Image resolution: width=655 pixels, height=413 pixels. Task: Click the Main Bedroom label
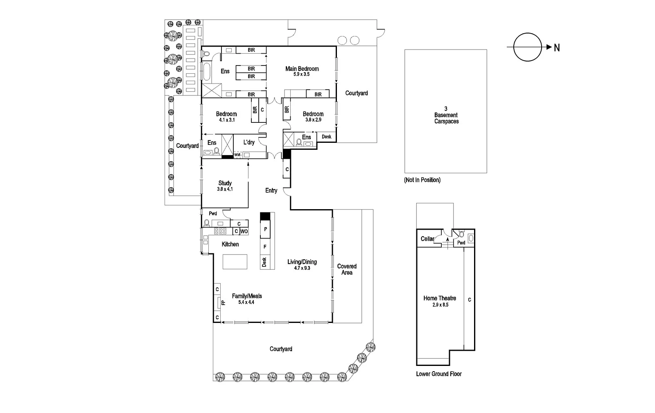302,69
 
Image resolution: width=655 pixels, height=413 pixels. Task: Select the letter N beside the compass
557,48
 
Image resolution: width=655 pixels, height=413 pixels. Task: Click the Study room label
225,183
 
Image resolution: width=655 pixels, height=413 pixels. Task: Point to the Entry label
271,190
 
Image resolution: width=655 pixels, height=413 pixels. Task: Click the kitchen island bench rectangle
235,262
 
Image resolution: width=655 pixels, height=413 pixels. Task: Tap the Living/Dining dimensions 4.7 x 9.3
302,268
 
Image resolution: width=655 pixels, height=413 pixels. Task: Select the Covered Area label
347,269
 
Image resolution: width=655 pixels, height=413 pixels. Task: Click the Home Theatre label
440,298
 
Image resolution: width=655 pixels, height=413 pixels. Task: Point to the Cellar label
427,239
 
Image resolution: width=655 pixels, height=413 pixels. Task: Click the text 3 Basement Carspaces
446,115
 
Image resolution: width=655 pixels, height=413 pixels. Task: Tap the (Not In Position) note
422,180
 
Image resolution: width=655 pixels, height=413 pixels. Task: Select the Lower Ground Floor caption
438,374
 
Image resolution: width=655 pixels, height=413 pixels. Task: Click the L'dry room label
249,142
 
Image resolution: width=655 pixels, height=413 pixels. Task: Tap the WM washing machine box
237,155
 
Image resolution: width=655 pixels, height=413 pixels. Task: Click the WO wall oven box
244,231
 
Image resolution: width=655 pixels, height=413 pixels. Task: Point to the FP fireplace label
223,303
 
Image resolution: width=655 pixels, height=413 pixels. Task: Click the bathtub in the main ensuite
206,72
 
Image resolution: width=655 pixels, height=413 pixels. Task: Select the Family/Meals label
246,296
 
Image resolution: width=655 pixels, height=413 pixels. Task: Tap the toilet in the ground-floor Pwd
207,223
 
